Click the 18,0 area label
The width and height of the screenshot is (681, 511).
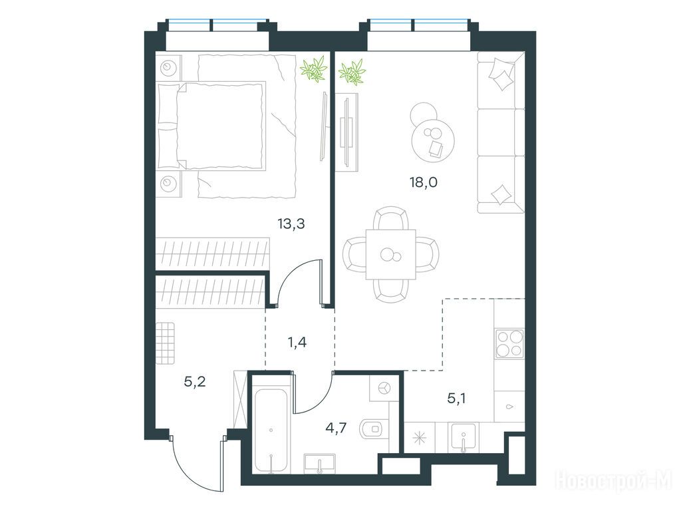[424, 182]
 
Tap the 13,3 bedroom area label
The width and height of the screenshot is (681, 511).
[291, 224]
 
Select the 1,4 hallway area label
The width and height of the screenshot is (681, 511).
[297, 343]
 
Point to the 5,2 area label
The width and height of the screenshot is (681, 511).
[195, 382]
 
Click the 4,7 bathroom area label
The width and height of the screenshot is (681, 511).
[336, 428]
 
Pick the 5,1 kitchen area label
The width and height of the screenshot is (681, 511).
[456, 398]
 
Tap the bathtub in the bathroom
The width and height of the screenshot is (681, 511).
[271, 431]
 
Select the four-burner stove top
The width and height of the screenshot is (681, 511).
[509, 344]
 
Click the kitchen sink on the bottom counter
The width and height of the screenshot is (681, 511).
[464, 438]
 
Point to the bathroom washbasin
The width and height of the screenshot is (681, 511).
[320, 463]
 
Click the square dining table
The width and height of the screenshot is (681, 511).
[391, 255]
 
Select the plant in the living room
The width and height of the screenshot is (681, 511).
[352, 72]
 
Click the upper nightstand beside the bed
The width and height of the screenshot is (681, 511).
[168, 68]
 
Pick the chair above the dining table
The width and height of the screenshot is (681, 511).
[391, 218]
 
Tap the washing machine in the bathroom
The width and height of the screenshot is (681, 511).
[384, 388]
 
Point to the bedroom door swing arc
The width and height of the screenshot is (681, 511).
[292, 273]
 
